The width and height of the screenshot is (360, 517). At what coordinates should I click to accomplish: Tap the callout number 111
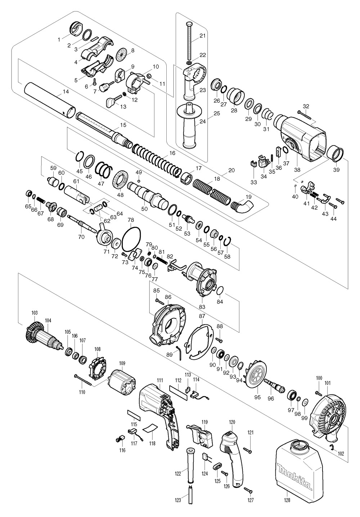click(x=160, y=380)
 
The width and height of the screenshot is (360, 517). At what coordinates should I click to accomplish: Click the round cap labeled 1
click(x=75, y=30)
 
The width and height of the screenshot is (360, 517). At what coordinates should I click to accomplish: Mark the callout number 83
click(x=202, y=307)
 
